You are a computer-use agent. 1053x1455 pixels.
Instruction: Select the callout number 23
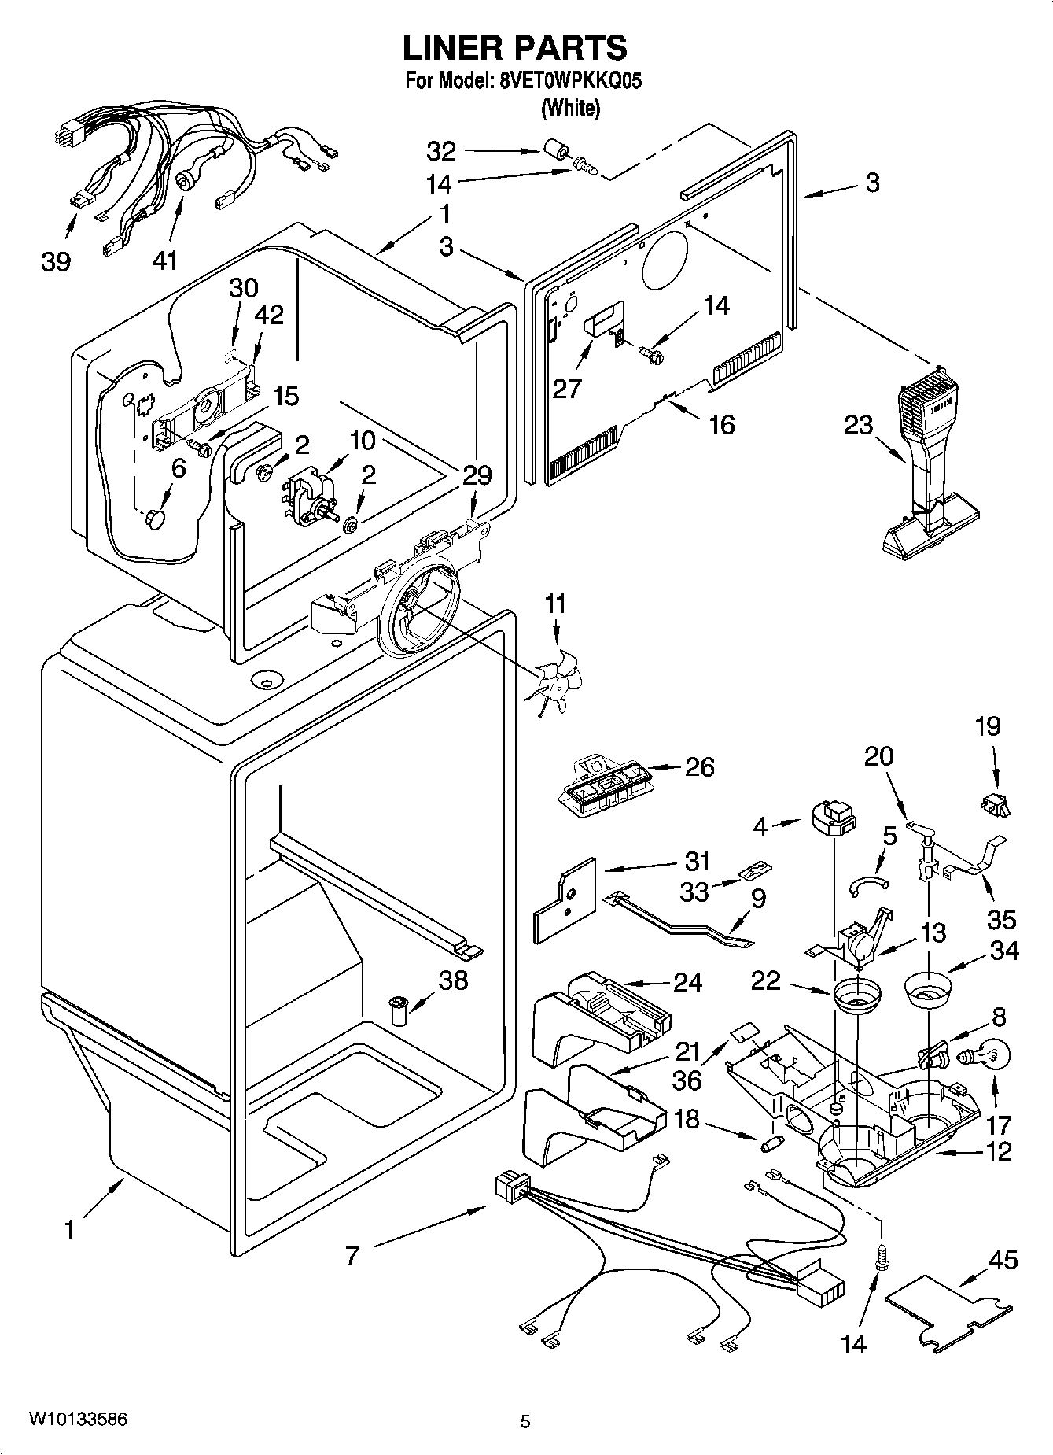[858, 425]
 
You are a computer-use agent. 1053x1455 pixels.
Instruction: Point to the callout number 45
[1003, 1260]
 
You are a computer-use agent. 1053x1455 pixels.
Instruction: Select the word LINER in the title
[452, 48]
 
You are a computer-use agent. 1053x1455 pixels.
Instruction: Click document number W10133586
[78, 1419]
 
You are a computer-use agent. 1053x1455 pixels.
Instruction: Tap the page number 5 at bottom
[525, 1421]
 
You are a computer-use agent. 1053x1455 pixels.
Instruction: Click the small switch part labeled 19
[995, 803]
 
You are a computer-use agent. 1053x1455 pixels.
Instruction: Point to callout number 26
[699, 766]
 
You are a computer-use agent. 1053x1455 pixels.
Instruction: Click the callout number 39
[56, 261]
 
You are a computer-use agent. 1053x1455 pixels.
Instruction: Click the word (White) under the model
[570, 108]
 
